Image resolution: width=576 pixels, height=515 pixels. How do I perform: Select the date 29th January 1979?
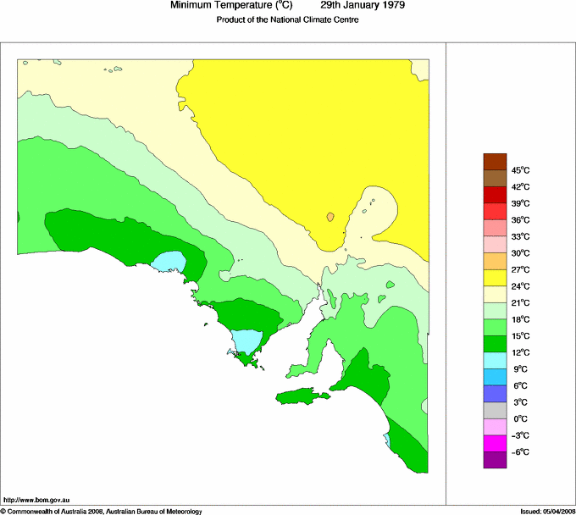coord(363,5)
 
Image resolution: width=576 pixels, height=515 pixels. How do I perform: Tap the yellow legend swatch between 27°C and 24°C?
coord(495,278)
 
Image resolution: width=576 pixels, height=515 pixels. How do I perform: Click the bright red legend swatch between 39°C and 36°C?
coord(495,212)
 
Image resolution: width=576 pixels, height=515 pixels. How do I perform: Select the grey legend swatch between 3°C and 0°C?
coord(495,411)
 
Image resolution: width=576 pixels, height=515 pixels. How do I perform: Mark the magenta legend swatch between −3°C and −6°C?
coord(495,444)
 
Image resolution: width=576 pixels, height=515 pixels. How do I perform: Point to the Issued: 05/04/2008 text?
coord(546,511)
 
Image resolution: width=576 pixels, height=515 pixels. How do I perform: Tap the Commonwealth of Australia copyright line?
coord(102,511)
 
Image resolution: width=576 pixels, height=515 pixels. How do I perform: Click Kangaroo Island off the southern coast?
coord(301,396)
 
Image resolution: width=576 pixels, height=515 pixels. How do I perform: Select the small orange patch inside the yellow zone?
coord(330,217)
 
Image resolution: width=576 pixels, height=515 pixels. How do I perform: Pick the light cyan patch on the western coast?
coord(168,260)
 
